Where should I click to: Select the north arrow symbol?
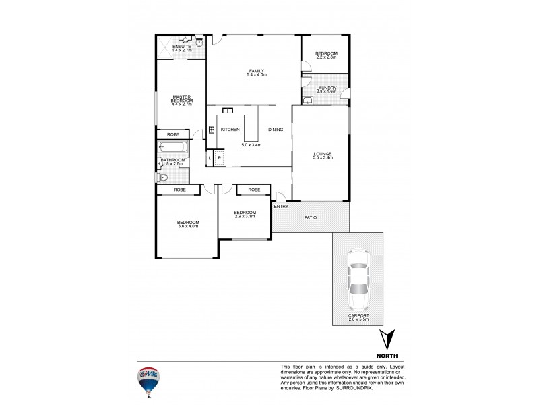click(386, 339)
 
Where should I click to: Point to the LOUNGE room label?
click(323, 153)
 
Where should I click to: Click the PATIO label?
click(311, 218)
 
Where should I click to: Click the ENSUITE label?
click(181, 46)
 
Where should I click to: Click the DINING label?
click(276, 129)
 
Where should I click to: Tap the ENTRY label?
click(281, 206)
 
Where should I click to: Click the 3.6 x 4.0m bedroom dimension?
click(188, 227)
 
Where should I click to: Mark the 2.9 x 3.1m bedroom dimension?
click(245, 216)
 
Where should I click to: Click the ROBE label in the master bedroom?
click(172, 134)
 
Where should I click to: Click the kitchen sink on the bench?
click(228, 111)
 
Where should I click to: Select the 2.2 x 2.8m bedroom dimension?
click(326, 57)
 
